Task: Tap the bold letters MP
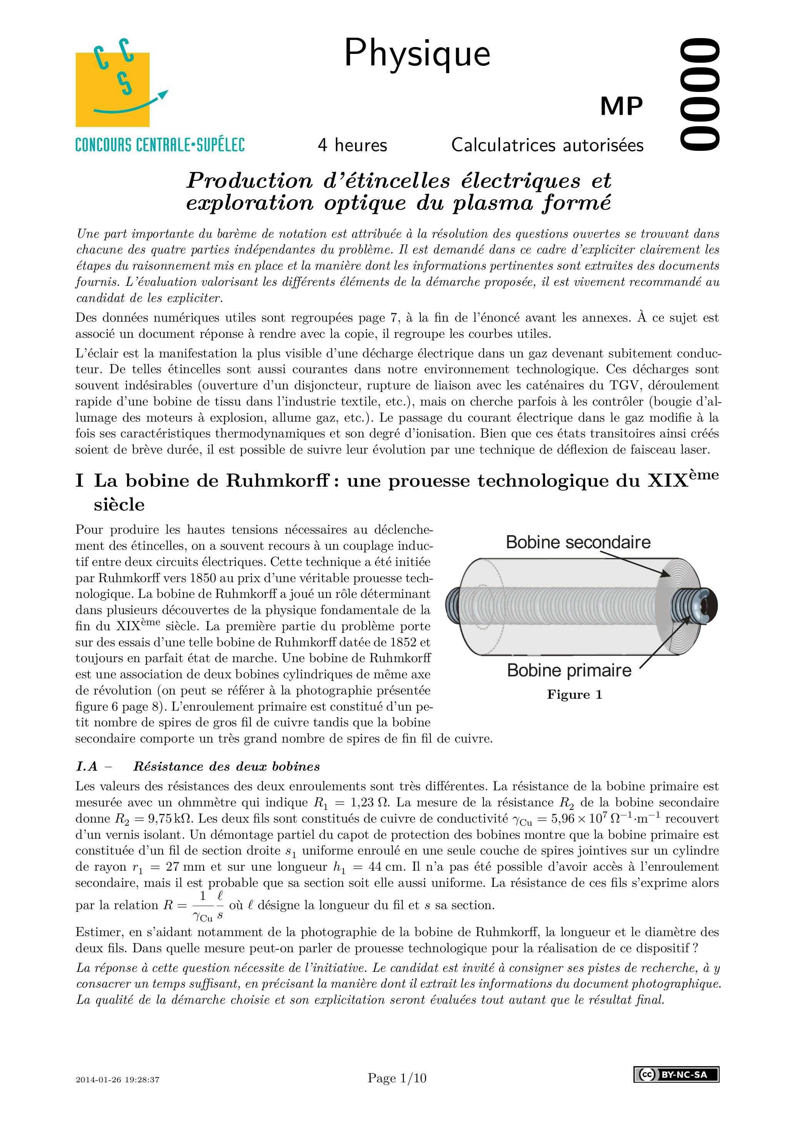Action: pos(621,106)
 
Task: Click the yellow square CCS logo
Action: pos(113,89)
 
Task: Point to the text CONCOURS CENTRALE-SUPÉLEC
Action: pos(160,145)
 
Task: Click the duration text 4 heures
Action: pos(352,145)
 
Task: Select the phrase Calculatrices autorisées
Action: pos(547,145)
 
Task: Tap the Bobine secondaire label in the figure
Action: pos(578,542)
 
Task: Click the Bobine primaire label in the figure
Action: pos(569,670)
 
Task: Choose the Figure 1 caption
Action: pos(574,695)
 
